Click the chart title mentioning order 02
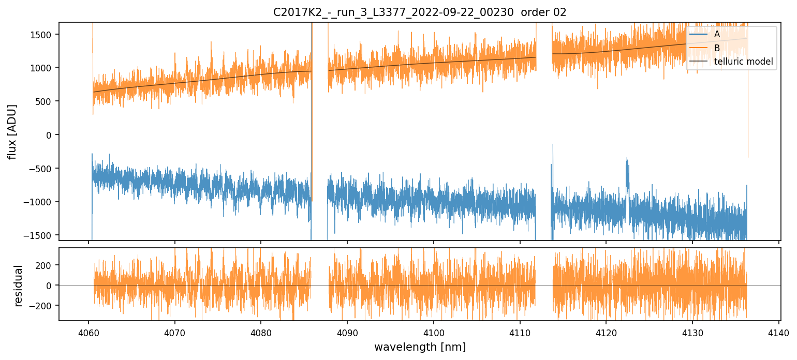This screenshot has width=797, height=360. (420, 12)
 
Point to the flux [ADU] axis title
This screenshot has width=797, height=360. (12, 131)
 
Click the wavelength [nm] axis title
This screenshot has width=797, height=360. (420, 347)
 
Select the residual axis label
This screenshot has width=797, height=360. (19, 286)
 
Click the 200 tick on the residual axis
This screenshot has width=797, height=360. (46, 265)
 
